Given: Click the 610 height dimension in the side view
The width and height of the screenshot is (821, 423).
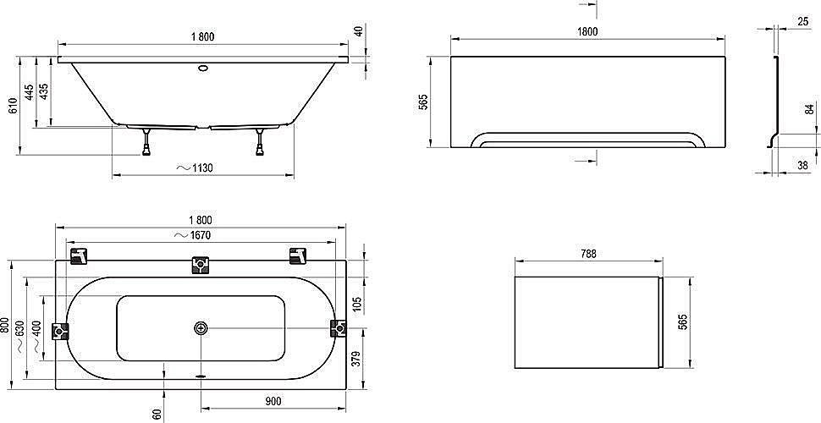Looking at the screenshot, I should coord(13,106).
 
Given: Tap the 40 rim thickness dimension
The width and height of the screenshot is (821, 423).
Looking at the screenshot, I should coord(359,32).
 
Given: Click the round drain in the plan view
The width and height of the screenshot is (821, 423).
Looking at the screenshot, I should coord(201,328).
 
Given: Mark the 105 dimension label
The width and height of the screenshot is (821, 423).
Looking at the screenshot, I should coord(357,303).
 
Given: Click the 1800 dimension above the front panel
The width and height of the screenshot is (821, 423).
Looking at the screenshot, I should coord(587,31).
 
